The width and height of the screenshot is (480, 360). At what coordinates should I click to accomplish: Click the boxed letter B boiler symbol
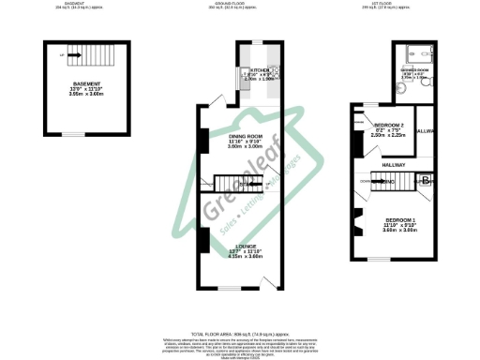[424, 180]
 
